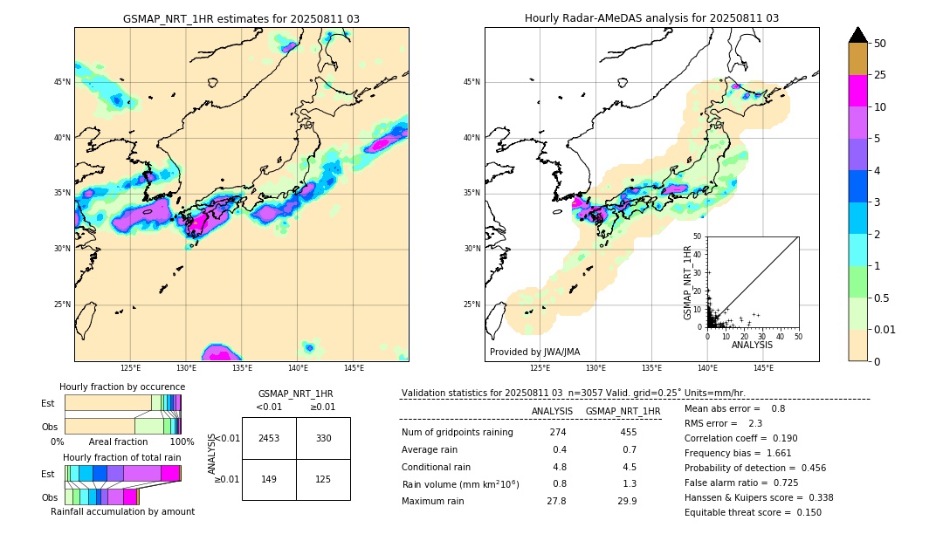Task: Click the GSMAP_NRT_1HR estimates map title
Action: pyautogui.click(x=241, y=18)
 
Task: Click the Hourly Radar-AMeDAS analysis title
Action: pyautogui.click(x=651, y=18)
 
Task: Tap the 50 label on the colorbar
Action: pyautogui.click(x=880, y=44)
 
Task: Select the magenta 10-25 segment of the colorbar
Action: pyautogui.click(x=857, y=91)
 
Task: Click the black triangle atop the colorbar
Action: pyautogui.click(x=857, y=35)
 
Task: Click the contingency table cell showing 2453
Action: pyautogui.click(x=269, y=438)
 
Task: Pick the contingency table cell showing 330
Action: pyautogui.click(x=323, y=438)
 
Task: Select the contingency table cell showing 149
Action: pyautogui.click(x=269, y=478)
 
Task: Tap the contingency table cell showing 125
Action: pyautogui.click(x=323, y=478)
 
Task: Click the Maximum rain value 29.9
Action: pyautogui.click(x=627, y=501)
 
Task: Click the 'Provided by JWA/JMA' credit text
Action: pyautogui.click(x=534, y=352)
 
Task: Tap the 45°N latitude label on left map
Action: pyautogui.click(x=62, y=82)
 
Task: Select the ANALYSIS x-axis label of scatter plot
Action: pyautogui.click(x=752, y=345)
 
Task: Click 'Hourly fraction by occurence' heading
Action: pyautogui.click(x=122, y=387)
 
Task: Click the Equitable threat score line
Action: pyautogui.click(x=753, y=512)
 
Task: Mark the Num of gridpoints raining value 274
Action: pyautogui.click(x=558, y=433)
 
